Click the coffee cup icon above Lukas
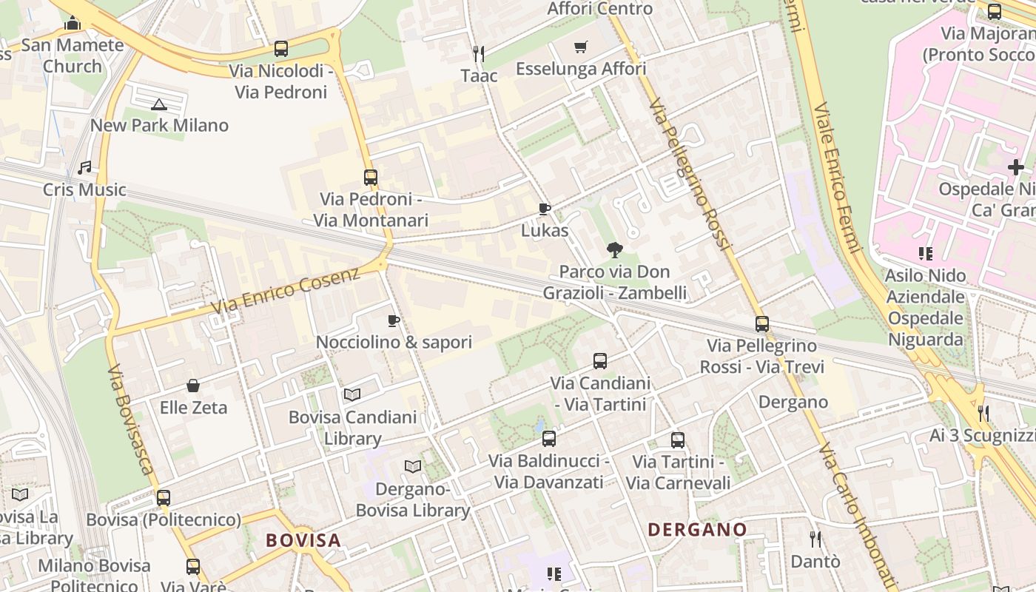pos(545,209)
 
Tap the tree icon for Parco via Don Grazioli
pos(613,250)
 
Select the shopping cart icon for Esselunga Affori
pos(581,47)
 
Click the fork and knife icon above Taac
pos(479,53)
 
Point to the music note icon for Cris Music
pos(84,168)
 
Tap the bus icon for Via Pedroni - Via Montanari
pos(371,178)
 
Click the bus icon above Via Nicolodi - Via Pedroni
pos(281,49)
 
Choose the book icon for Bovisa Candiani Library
pos(352,395)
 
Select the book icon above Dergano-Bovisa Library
pos(412,467)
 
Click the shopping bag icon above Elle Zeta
pos(193,386)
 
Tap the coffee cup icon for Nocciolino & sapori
pos(394,320)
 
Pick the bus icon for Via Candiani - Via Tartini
pos(600,361)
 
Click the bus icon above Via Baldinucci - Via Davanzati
pos(548,439)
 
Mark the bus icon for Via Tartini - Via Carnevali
pos(678,440)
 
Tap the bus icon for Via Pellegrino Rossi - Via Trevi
pos(762,324)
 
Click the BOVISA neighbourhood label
pos(303,540)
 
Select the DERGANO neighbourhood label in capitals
pos(697,530)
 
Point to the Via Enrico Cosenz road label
pos(285,290)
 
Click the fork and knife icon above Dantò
pos(815,539)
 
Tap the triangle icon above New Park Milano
pos(159,104)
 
